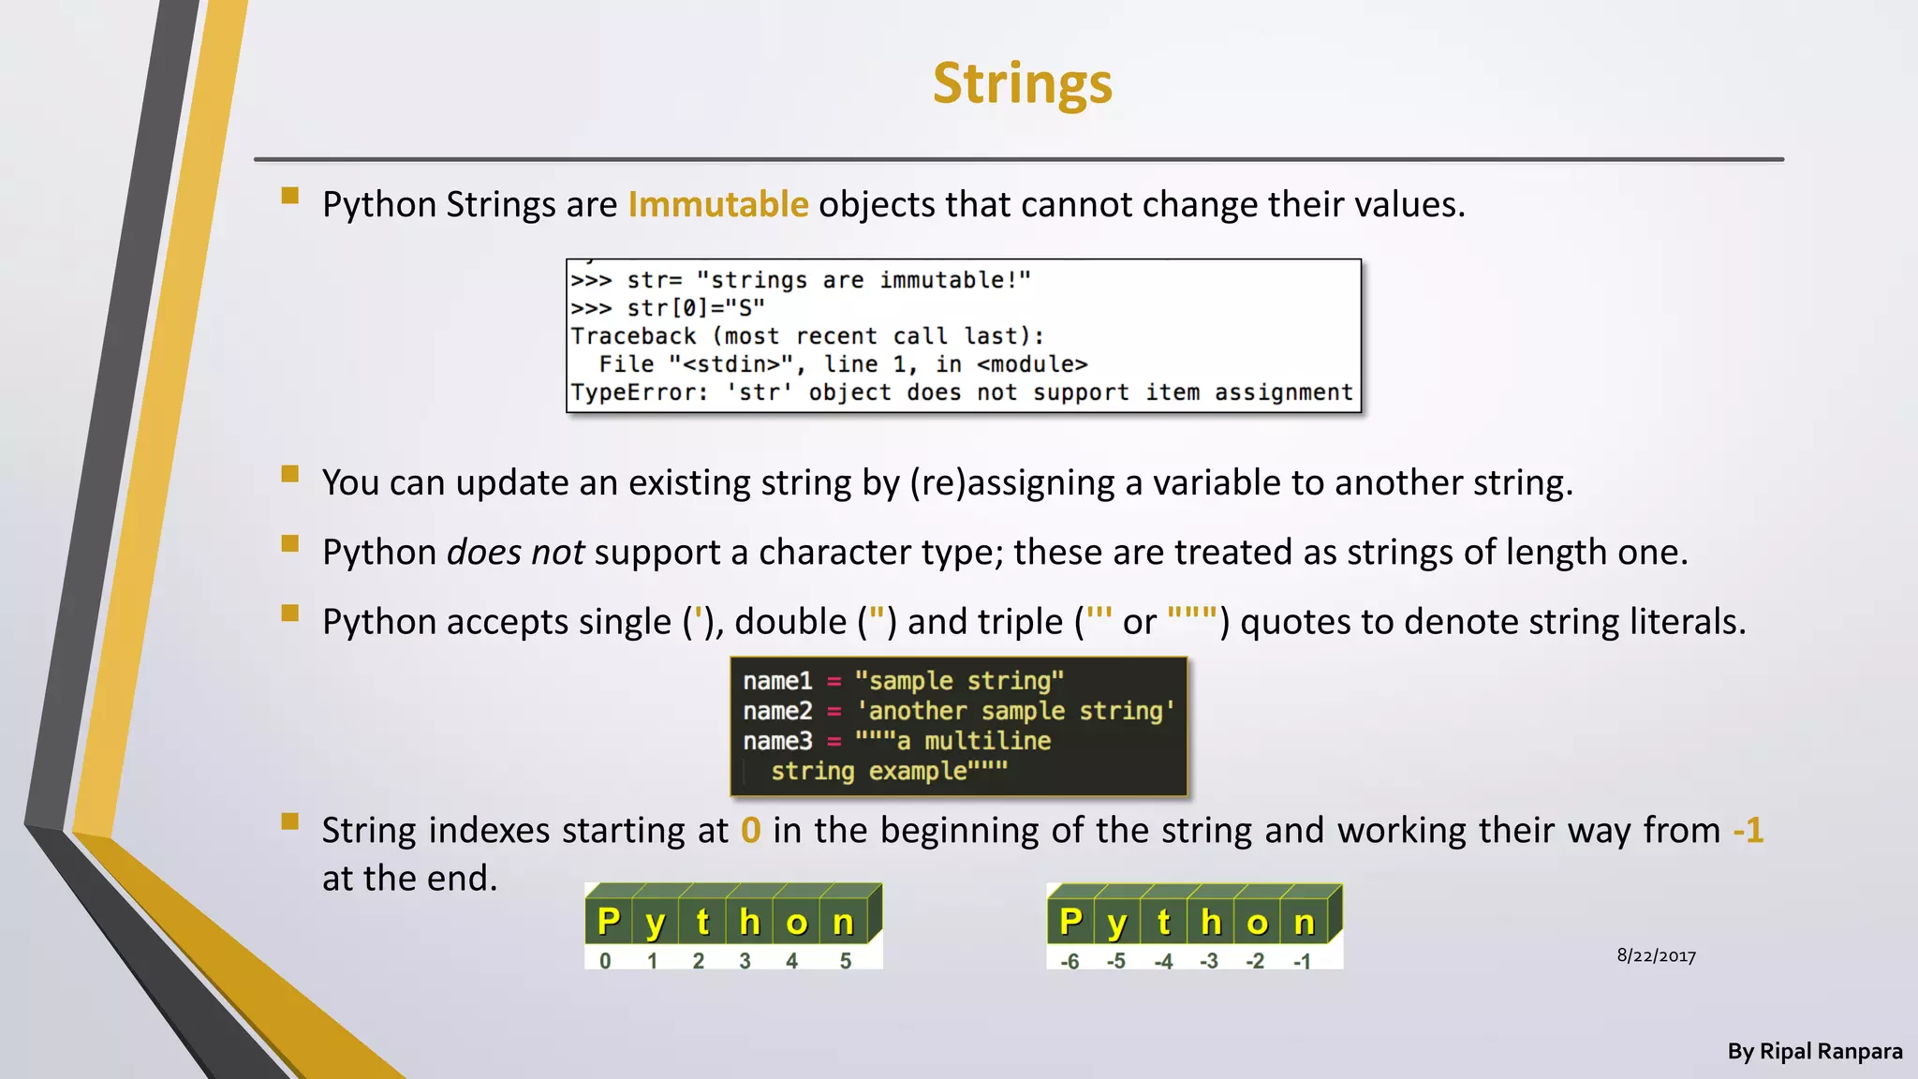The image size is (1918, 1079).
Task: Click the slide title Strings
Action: coord(1022,84)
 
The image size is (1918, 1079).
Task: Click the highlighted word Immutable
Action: coord(717,204)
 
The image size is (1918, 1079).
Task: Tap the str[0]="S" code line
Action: coord(695,308)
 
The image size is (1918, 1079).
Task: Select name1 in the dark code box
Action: coord(777,681)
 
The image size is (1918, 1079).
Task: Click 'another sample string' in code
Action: coord(1014,711)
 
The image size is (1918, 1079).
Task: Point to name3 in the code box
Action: coord(777,741)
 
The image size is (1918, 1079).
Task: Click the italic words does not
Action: coord(515,553)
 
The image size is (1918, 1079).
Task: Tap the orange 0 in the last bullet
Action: coord(750,831)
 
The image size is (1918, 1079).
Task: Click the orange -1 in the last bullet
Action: coord(1748,831)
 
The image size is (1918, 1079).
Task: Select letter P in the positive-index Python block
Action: coord(609,922)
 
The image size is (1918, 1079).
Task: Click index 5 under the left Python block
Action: coord(845,961)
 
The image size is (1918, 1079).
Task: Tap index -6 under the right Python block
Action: coord(1070,961)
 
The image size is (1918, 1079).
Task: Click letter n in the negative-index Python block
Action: coord(1304,923)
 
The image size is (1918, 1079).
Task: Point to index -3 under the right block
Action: coord(1209,961)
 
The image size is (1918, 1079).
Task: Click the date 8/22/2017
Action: coord(1656,955)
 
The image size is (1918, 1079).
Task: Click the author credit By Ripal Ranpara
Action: coord(1814,1052)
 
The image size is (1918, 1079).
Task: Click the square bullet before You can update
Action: coord(290,474)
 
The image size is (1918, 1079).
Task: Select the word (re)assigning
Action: coord(1011,483)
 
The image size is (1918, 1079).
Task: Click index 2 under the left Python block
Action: coord(698,961)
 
